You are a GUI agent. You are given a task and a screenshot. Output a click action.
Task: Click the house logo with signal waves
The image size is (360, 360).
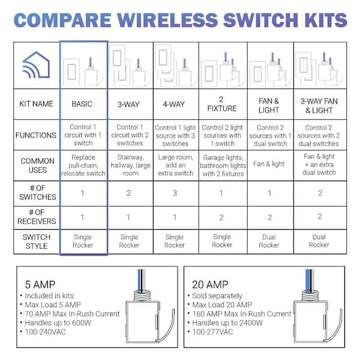36,65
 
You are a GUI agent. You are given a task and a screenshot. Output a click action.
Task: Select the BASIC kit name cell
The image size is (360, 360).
82,104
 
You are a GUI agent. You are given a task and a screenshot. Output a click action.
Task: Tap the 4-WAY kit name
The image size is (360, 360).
174,104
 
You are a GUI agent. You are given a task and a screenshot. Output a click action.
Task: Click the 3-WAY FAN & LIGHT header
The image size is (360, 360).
319,106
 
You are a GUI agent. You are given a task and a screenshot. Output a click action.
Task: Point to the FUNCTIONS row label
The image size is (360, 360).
36,135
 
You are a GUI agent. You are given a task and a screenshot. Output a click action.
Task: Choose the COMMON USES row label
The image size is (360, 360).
37,166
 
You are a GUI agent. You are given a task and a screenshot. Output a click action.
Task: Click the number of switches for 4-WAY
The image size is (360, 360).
175,193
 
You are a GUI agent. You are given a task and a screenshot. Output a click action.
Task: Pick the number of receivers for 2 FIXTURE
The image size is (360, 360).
221,217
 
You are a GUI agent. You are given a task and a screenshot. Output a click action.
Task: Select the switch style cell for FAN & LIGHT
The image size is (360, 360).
269,241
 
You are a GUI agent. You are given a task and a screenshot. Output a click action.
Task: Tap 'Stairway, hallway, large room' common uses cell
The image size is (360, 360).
130,165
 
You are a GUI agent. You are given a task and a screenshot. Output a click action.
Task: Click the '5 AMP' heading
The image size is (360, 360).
40,284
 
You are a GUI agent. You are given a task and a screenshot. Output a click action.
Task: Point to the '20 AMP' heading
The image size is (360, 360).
210,284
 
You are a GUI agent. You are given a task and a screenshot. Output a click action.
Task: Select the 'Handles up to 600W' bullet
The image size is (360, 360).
58,323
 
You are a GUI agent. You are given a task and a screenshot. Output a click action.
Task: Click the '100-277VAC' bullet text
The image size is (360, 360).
212,332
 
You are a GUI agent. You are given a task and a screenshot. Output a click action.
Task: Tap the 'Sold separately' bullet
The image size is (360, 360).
217,296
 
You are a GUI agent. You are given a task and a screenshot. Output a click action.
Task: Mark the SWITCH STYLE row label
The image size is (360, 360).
37,242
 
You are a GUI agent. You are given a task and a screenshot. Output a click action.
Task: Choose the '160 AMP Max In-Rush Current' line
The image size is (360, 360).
242,314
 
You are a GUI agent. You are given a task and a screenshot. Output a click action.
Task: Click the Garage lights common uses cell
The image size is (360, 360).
223,166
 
